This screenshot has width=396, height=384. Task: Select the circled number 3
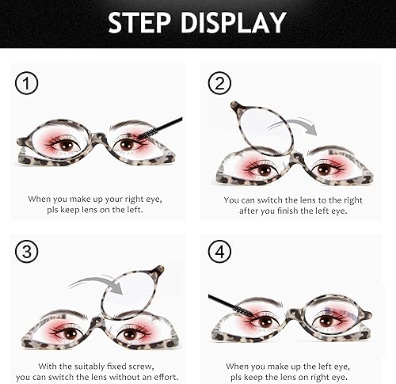pos(27,253)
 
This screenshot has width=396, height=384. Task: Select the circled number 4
pos(219,253)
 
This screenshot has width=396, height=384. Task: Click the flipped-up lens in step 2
pos(261,129)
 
